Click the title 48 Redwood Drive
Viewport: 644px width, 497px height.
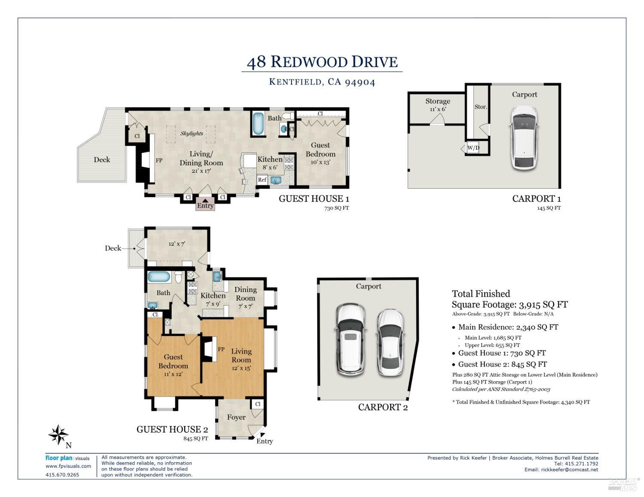click(x=322, y=62)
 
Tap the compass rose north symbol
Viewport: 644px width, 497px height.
click(x=58, y=435)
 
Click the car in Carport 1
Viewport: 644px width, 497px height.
click(x=524, y=137)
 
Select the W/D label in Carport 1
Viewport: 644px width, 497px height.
click(x=473, y=148)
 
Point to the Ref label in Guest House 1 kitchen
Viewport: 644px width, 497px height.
click(x=262, y=180)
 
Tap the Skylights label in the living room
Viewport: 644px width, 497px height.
click(x=191, y=133)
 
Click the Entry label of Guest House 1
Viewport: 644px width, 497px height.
click(x=205, y=205)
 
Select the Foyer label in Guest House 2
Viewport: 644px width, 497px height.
click(x=236, y=417)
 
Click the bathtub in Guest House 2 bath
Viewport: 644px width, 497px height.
click(x=159, y=277)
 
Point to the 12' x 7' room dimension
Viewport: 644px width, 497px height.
click(x=176, y=244)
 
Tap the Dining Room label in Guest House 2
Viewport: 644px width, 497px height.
click(x=245, y=294)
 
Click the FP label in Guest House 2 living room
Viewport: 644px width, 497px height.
click(x=221, y=349)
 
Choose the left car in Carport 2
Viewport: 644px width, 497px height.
click(x=351, y=339)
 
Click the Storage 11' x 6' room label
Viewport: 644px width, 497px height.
click(x=437, y=104)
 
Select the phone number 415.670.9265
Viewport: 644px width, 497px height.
click(x=62, y=475)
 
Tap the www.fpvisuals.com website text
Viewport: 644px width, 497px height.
click(x=68, y=466)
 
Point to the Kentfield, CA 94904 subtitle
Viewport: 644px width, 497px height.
click(x=322, y=82)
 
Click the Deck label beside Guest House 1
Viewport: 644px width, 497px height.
click(x=102, y=160)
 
